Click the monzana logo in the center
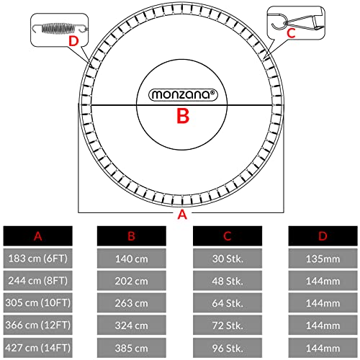click(183, 94)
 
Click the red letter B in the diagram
click(183, 116)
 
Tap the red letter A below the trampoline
click(182, 215)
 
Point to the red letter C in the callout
click(291, 33)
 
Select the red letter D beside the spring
click(73, 41)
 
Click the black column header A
click(37, 236)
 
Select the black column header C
click(228, 236)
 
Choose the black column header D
click(323, 236)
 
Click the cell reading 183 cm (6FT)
click(37, 258)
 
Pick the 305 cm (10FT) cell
click(37, 302)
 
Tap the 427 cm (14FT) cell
click(37, 348)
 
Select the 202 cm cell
click(132, 281)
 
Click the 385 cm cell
click(132, 348)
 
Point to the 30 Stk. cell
click(228, 258)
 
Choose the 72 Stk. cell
click(228, 325)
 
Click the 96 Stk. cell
click(228, 348)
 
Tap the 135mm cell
click(323, 258)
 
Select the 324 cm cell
click(132, 325)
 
